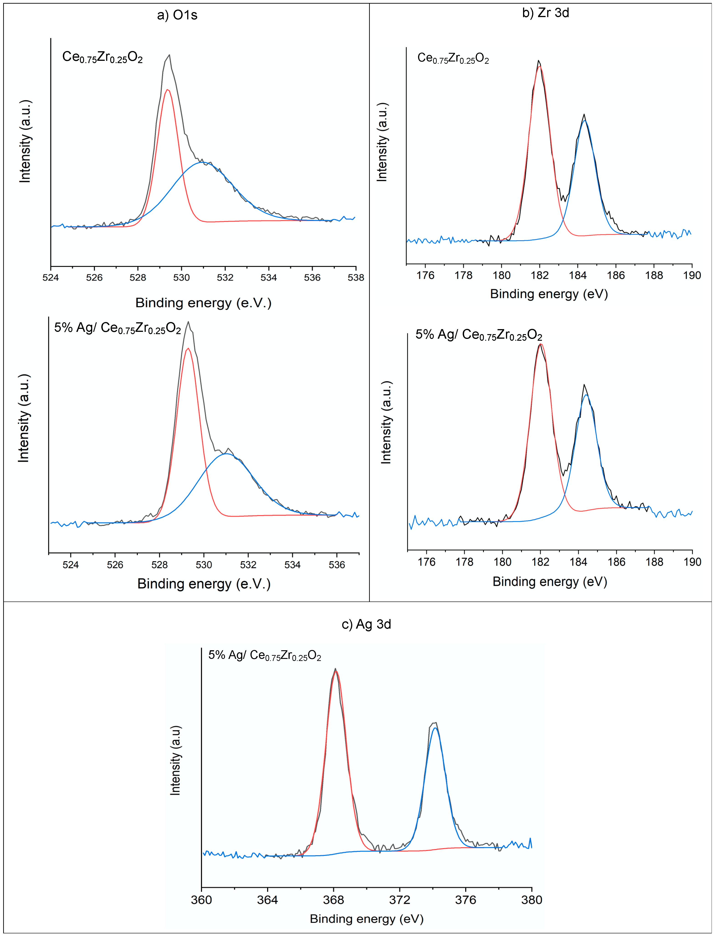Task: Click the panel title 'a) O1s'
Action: pyautogui.click(x=177, y=15)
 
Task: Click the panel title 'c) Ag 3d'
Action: pyautogui.click(x=366, y=624)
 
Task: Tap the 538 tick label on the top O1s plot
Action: pyautogui.click(x=356, y=278)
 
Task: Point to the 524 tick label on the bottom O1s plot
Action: pyautogui.click(x=71, y=565)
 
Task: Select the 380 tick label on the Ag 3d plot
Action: pyautogui.click(x=531, y=900)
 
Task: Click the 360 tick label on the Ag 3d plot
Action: pyautogui.click(x=201, y=900)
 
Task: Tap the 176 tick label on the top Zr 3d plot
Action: pyautogui.click(x=425, y=275)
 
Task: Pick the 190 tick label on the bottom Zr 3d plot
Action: pyautogui.click(x=692, y=562)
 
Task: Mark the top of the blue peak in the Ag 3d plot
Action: pyautogui.click(x=434, y=728)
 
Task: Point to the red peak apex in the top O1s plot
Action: pyautogui.click(x=168, y=90)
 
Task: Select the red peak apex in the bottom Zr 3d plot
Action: pyautogui.click(x=541, y=344)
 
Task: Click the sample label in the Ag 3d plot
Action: pyautogui.click(x=264, y=655)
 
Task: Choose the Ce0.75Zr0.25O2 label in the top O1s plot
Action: pyautogui.click(x=102, y=57)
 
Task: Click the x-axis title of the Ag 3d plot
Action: pyautogui.click(x=366, y=919)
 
